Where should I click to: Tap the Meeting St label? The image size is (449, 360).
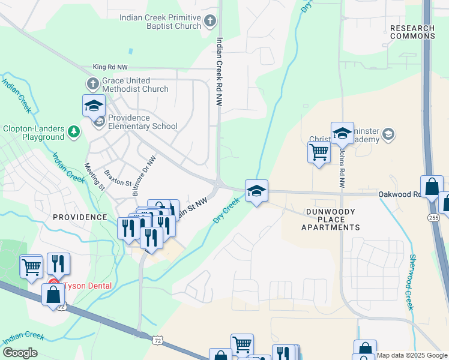tap(95, 176)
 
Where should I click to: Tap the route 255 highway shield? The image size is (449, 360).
tap(433, 217)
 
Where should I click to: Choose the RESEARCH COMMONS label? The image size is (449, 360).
tap(412, 32)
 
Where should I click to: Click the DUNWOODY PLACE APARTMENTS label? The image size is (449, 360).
tap(331, 220)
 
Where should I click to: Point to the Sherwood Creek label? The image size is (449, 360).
tap(412, 281)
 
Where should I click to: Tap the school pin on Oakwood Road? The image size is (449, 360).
tap(256, 191)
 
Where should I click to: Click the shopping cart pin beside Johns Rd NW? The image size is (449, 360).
tap(319, 151)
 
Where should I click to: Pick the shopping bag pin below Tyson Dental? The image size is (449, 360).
tap(53, 295)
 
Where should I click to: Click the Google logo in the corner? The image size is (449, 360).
tap(20, 353)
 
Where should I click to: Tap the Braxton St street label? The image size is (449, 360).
tap(118, 178)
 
